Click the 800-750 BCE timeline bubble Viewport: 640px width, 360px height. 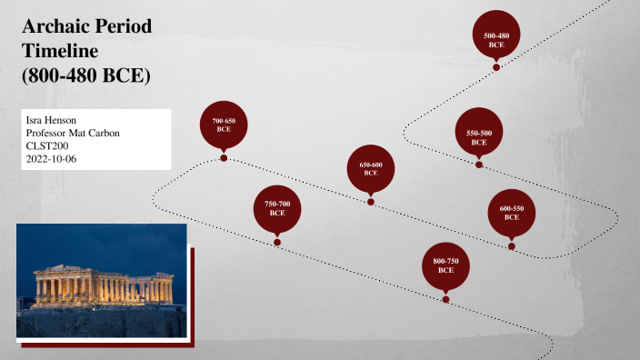click(445, 265)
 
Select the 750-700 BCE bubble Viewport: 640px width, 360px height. click(277, 208)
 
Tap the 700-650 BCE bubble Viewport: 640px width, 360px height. click(224, 125)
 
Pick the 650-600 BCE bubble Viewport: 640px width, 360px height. click(371, 168)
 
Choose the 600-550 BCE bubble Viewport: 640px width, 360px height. click(512, 213)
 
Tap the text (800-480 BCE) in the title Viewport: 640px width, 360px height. click(85, 76)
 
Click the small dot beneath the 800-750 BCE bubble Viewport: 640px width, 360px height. click(445, 299)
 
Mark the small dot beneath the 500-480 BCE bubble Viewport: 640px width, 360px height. click(496, 67)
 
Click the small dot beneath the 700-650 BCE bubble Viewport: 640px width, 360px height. click(224, 158)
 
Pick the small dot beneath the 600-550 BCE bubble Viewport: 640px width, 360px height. click(512, 246)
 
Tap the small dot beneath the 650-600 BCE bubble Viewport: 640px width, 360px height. click(371, 202)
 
